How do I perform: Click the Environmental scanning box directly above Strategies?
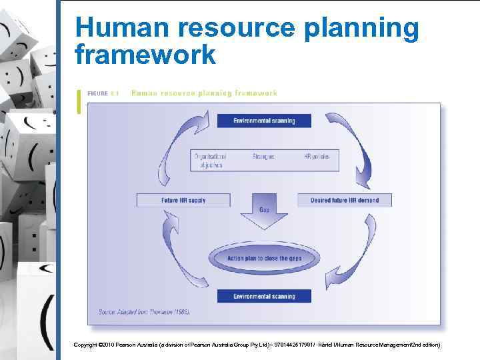click(264, 121)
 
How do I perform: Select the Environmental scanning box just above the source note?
click(264, 296)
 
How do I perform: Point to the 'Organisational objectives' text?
click(208, 160)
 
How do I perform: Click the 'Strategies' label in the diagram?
click(263, 156)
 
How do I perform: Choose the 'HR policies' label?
click(317, 156)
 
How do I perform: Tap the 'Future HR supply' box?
click(183, 200)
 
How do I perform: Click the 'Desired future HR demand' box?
click(345, 200)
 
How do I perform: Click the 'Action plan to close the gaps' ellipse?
click(264, 258)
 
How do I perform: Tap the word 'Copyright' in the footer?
click(85, 345)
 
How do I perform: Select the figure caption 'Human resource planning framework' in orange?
click(204, 93)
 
